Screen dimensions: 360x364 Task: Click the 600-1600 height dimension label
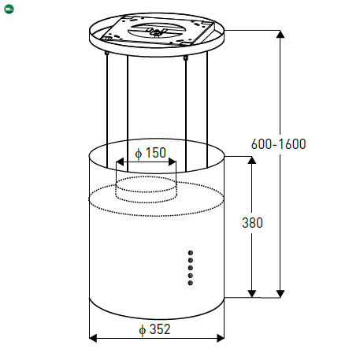279,144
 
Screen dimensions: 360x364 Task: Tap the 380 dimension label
252,223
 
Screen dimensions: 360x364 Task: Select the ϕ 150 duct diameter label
150,153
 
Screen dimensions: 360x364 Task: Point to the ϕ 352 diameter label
154,329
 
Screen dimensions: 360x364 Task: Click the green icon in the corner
9,9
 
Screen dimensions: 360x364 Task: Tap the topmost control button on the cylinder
191,253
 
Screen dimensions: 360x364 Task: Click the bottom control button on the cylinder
191,283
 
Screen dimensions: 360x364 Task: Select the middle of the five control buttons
191,268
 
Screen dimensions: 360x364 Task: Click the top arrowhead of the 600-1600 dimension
280,34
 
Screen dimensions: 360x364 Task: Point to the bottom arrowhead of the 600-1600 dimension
280,294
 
